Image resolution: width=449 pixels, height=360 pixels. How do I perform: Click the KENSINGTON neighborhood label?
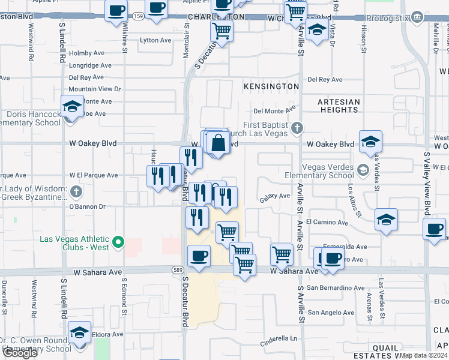point(271,86)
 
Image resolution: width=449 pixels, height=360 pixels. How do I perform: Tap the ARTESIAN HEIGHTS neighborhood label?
point(339,106)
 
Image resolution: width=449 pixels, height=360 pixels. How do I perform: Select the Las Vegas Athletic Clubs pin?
point(119,243)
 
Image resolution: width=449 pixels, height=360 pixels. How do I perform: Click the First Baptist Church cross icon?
point(296,128)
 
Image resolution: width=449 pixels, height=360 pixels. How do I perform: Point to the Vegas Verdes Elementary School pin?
point(363,170)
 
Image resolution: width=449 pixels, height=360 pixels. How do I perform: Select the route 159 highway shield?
point(139,16)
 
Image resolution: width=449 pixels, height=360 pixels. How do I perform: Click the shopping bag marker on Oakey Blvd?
point(218,143)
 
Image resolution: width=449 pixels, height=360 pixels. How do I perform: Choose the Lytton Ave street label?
point(155,40)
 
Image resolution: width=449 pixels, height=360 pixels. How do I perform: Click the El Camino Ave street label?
point(327,222)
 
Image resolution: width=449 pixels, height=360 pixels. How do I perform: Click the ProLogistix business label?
point(387,19)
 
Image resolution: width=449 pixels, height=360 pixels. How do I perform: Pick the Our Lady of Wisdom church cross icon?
point(76,192)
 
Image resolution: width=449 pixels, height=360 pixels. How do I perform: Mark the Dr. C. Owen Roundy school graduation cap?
point(79,332)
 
